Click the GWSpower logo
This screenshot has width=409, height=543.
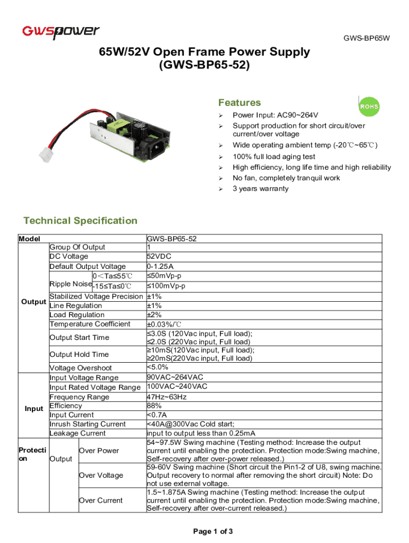[x=60, y=32]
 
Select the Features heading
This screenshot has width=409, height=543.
[x=240, y=102]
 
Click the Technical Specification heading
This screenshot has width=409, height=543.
[x=80, y=221]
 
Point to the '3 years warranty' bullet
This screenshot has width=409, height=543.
[x=260, y=189]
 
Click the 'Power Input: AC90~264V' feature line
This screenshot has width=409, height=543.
[x=275, y=116]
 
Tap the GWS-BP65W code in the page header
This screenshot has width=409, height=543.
[x=367, y=38]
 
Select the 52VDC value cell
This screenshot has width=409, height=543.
[x=159, y=257]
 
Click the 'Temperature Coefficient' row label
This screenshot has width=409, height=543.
[x=90, y=324]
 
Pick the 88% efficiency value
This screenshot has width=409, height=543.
[x=154, y=406]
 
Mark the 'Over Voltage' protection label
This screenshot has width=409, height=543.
[x=100, y=475]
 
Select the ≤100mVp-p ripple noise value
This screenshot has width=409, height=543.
[x=166, y=286]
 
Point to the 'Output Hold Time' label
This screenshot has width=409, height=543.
[x=79, y=354]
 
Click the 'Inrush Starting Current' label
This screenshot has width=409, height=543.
[x=88, y=424]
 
